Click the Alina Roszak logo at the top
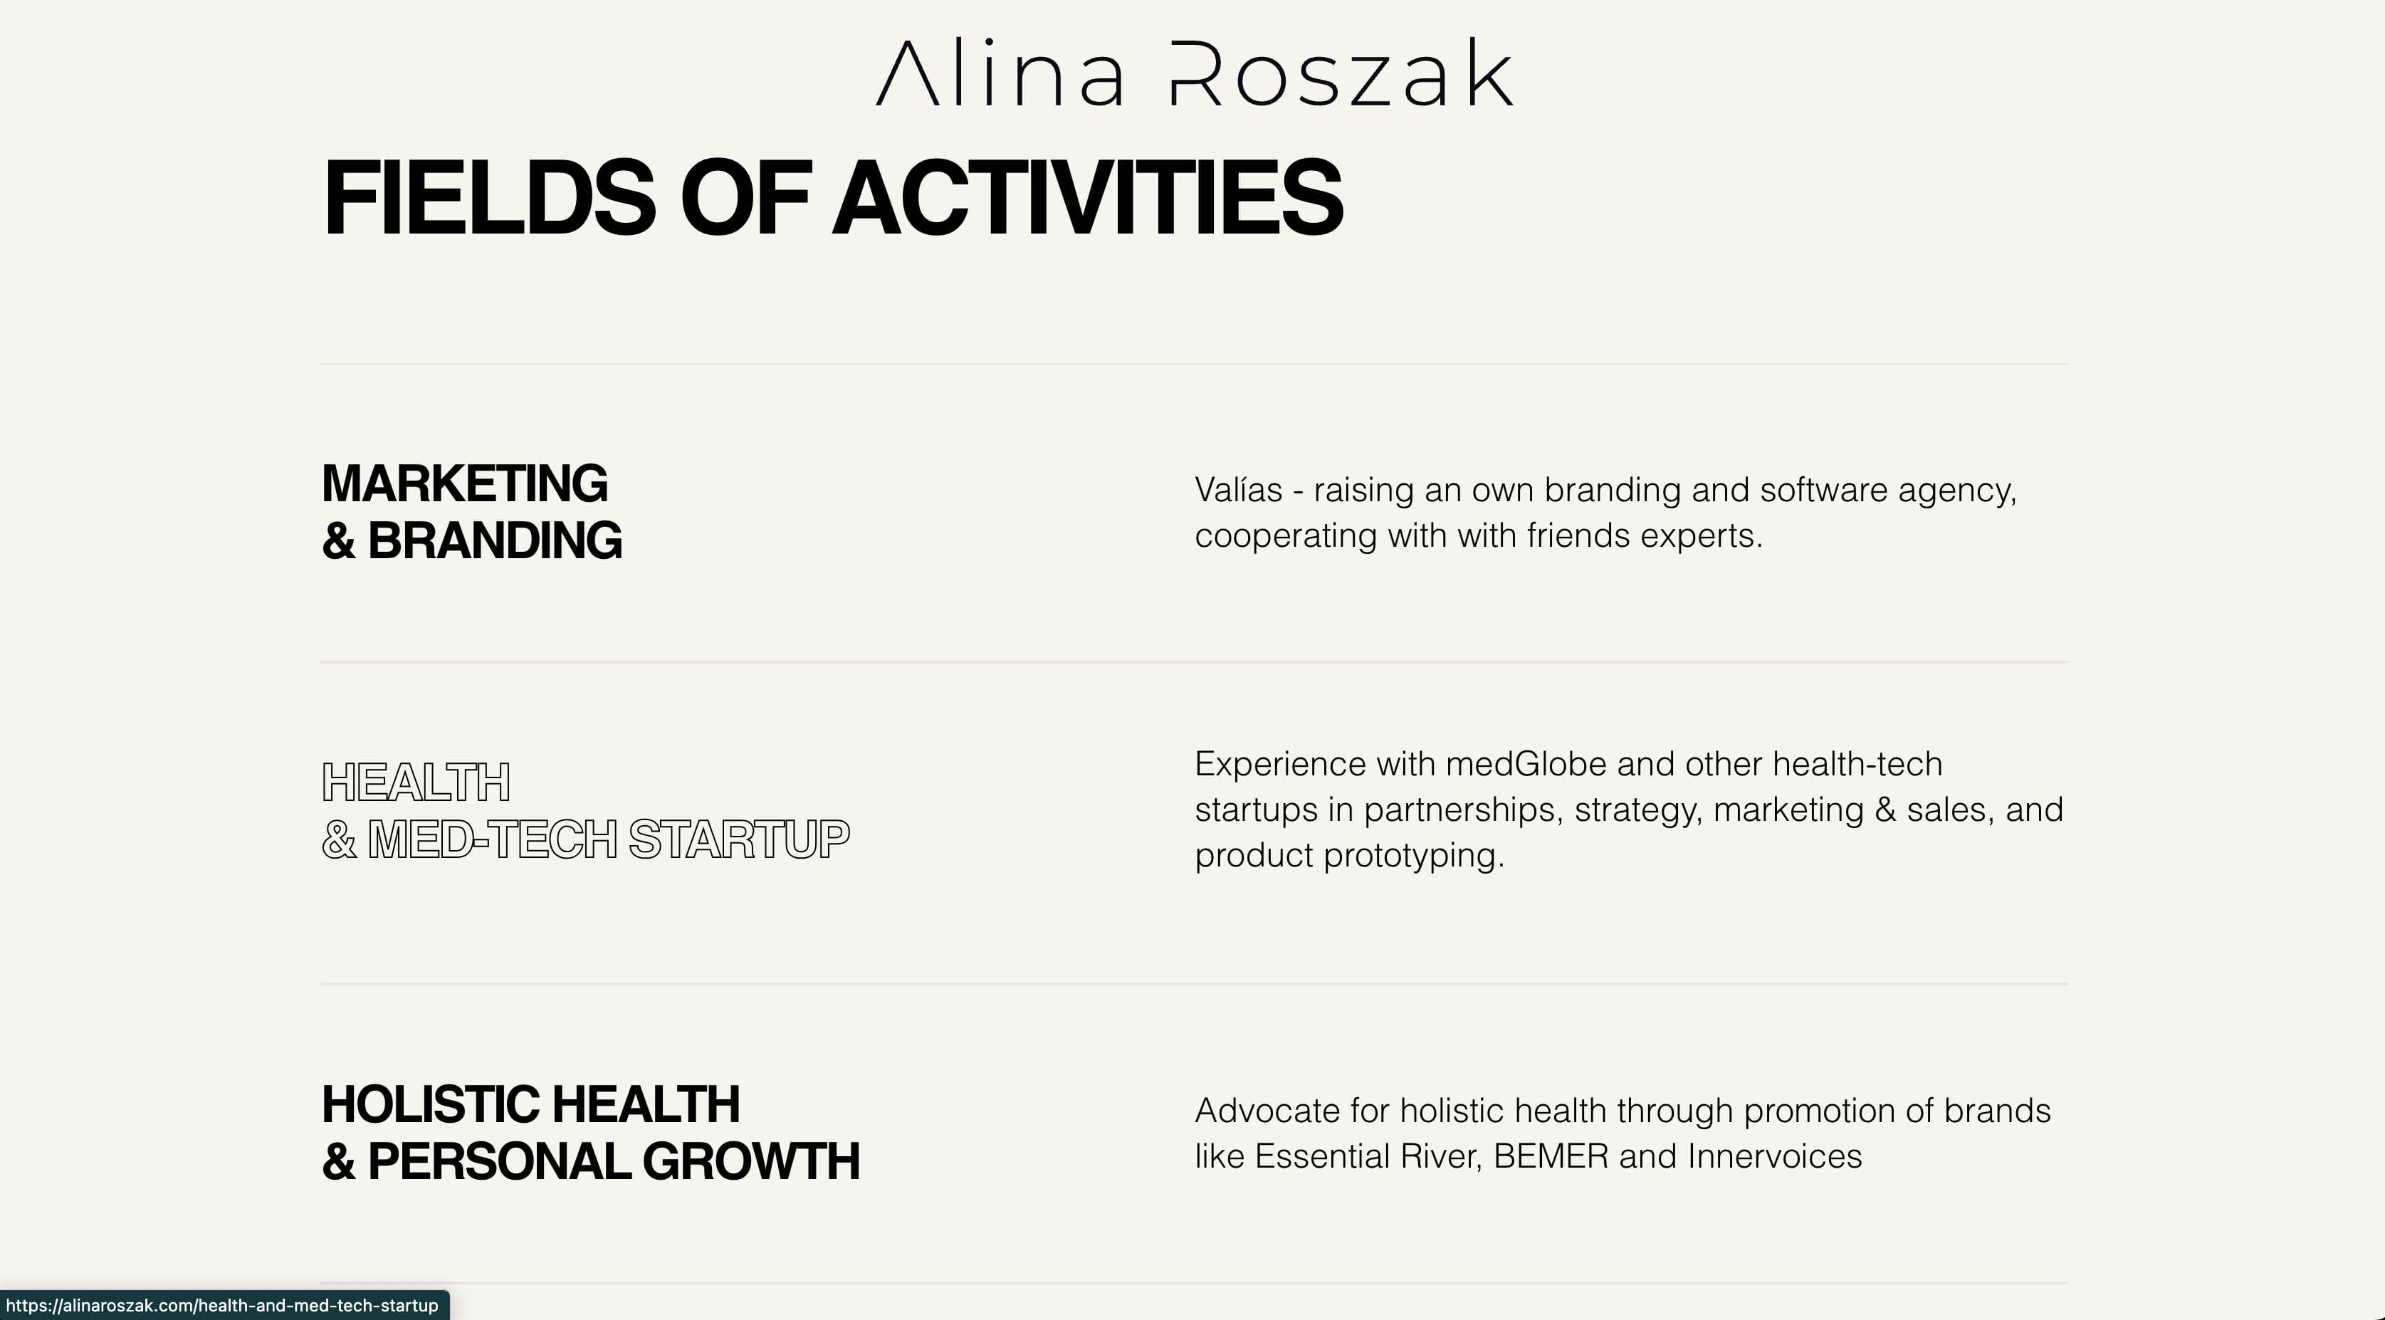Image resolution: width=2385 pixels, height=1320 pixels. coord(1195,74)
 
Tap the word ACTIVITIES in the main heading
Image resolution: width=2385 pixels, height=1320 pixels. coord(1088,198)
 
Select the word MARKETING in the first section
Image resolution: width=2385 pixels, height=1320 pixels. coord(464,484)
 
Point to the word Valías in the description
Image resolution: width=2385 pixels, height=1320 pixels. coord(1238,490)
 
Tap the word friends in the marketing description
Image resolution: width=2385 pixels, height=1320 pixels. coord(1578,536)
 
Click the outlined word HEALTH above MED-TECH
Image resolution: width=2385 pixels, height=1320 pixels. coord(416,783)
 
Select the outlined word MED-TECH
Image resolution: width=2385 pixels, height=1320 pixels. coord(492,839)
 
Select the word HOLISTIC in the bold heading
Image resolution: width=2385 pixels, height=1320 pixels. coord(431,1105)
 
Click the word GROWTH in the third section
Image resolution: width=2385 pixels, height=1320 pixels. coord(751,1162)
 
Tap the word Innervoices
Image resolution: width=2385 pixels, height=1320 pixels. coord(1774,1157)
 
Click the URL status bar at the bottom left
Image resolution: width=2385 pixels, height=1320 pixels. coord(222,1306)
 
